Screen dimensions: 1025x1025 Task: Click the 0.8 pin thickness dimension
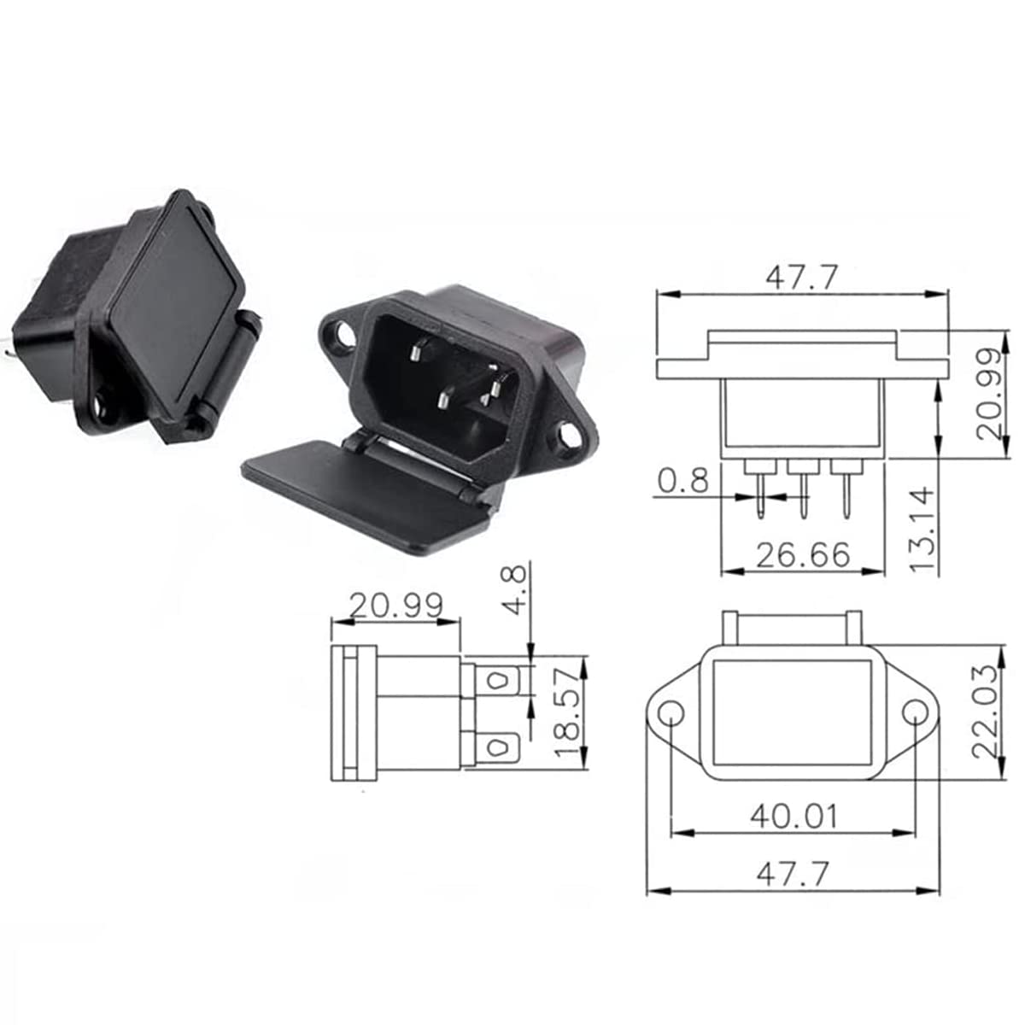click(683, 482)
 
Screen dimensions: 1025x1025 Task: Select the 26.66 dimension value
click(803, 555)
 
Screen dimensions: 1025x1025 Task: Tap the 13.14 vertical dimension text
click(923, 530)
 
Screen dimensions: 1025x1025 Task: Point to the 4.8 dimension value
click(516, 589)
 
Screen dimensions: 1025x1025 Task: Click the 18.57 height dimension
click(567, 713)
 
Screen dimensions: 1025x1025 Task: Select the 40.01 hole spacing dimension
click(794, 817)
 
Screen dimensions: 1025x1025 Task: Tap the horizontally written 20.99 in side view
click(395, 606)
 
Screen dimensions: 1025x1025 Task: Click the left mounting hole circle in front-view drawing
click(671, 713)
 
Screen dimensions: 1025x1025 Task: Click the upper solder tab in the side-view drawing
click(495, 682)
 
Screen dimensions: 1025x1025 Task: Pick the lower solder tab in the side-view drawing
click(495, 750)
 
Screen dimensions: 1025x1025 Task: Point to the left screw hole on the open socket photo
click(343, 337)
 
